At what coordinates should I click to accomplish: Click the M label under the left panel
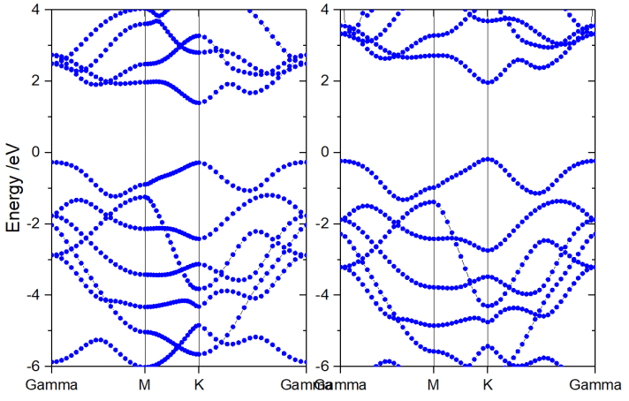click(145, 385)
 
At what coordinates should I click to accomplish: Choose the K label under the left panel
click(199, 385)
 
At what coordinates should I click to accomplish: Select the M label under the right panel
click(433, 385)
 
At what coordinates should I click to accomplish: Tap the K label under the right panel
click(488, 385)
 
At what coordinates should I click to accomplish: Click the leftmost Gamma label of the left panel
click(51, 385)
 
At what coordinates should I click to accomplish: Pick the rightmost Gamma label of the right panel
click(595, 385)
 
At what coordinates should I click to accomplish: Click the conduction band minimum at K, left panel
click(199, 102)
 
